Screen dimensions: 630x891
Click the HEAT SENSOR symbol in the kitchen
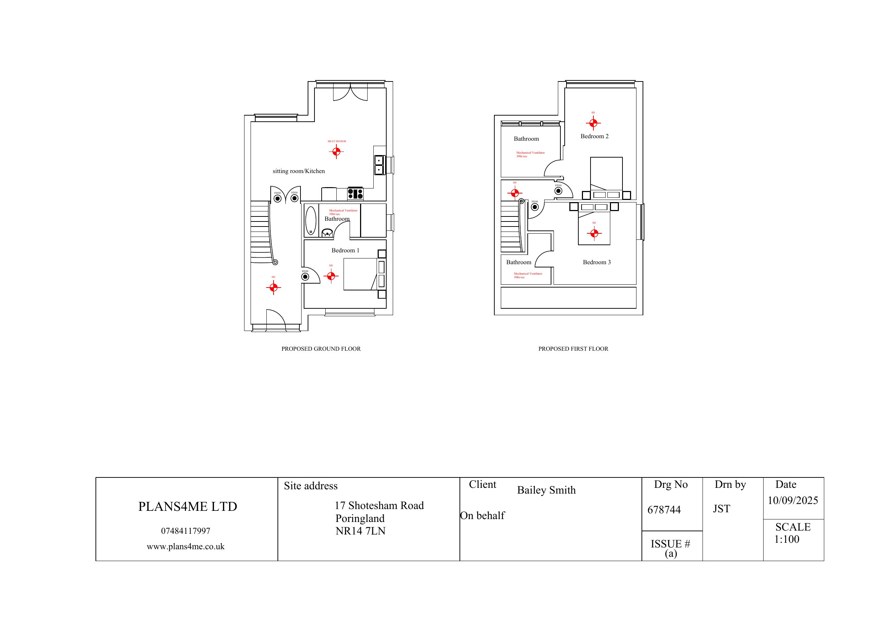coord(336,151)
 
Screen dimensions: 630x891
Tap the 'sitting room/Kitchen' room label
coord(298,171)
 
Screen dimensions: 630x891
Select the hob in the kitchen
coord(355,193)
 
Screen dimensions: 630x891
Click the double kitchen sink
coord(379,165)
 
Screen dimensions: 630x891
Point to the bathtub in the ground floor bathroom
coord(311,220)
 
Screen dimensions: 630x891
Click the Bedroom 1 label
coord(345,250)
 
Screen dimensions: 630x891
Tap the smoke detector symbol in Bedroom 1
coord(331,276)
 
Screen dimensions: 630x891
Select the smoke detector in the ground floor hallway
coord(273,287)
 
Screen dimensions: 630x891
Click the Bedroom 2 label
coord(594,136)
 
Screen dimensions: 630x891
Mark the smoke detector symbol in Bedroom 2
coord(593,123)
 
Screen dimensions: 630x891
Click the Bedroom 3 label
coord(597,262)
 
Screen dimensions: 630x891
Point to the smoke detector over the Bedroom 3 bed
coord(594,233)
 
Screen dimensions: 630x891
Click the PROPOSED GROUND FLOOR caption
coord(321,349)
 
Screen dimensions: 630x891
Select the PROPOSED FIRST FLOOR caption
coord(573,349)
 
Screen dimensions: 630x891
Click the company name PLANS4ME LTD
coord(187,507)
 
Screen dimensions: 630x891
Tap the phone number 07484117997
coord(186,531)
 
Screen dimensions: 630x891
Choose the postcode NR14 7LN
coord(360,531)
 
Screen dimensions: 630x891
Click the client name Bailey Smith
coord(546,490)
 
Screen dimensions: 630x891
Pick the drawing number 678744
coord(664,510)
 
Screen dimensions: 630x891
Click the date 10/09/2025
coord(792,500)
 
